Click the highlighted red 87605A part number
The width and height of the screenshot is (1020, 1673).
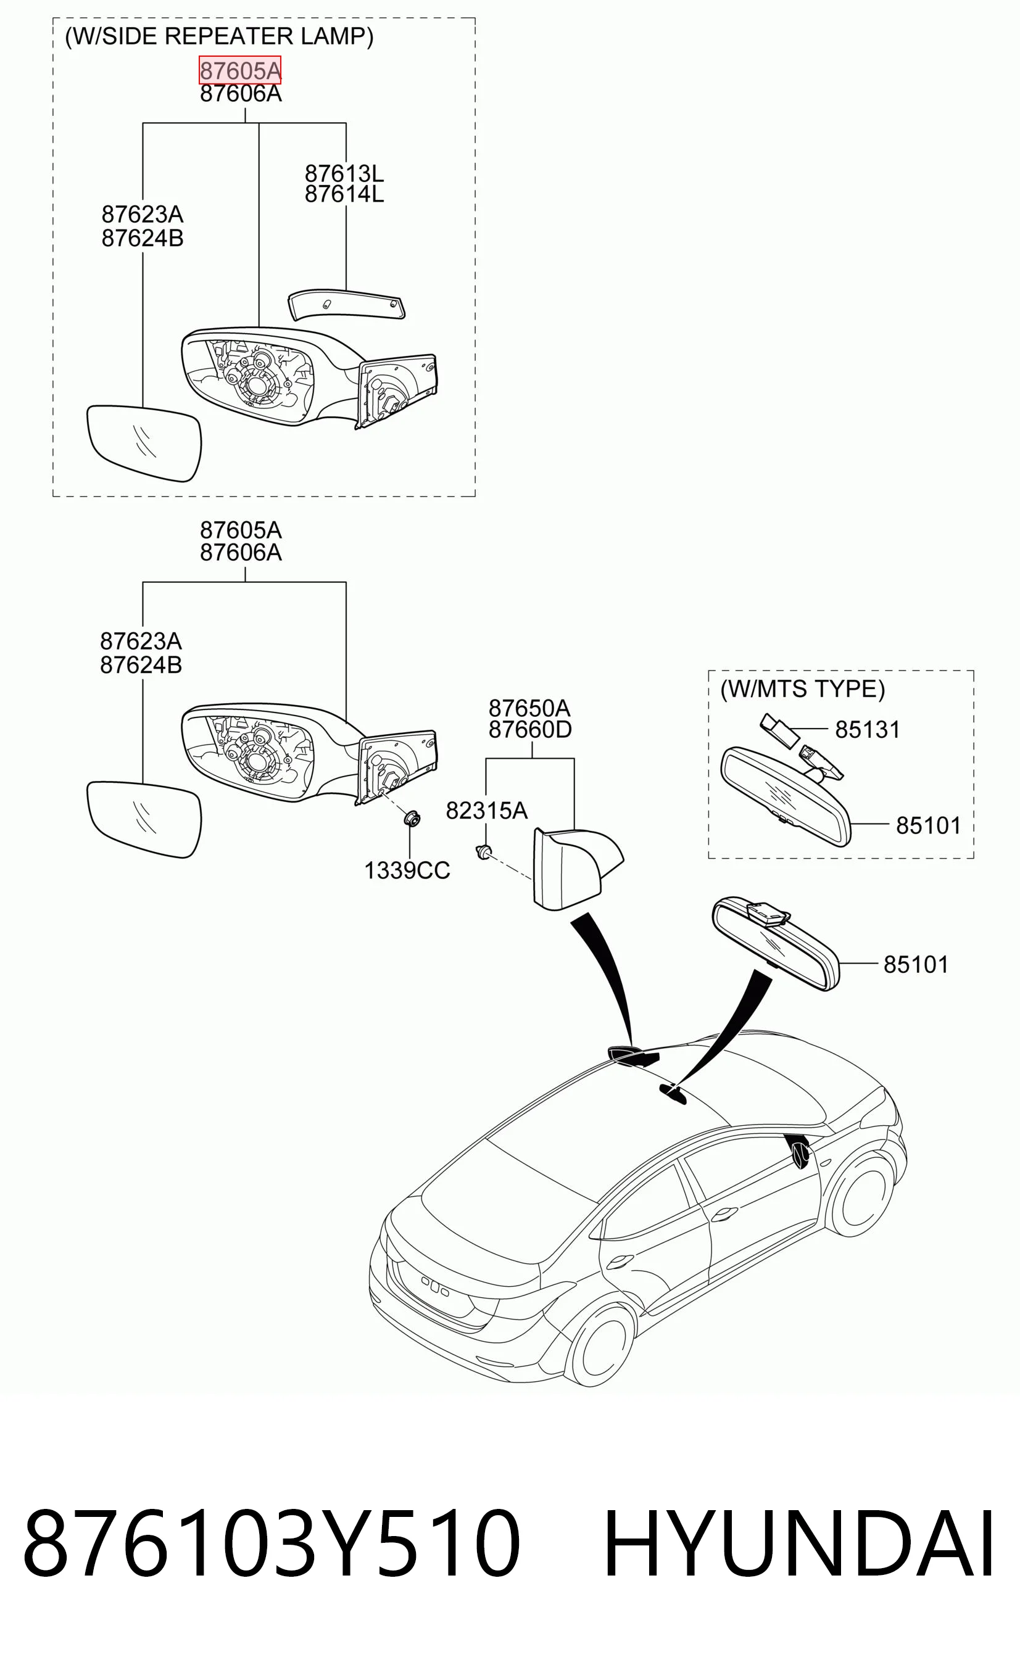point(239,70)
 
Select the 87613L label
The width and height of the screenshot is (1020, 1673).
point(344,173)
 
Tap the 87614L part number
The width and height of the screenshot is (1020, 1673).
point(344,194)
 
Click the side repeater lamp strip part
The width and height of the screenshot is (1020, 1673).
point(346,305)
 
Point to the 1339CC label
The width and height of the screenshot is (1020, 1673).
point(407,870)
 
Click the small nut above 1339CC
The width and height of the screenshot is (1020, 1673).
point(411,819)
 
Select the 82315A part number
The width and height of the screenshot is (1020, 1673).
point(486,811)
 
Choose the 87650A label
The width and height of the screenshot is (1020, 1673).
point(529,708)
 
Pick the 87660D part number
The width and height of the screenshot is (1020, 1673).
point(529,730)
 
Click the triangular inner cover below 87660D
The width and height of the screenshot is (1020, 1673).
point(576,867)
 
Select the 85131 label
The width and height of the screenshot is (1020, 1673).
point(867,730)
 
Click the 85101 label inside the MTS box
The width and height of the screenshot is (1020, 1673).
point(928,825)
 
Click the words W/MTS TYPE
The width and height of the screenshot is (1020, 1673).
point(803,689)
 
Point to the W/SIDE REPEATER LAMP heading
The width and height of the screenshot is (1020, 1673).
point(218,36)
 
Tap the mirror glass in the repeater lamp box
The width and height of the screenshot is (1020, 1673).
point(144,443)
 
